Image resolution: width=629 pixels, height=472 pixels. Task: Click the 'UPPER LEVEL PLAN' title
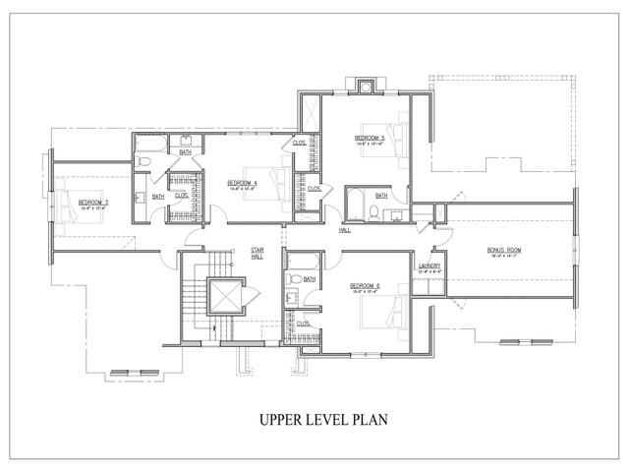click(x=323, y=419)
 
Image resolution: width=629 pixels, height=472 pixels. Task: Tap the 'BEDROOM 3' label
click(x=93, y=204)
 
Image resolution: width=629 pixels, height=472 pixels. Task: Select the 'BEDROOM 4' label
click(x=242, y=183)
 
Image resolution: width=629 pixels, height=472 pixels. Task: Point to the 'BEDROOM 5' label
click(x=370, y=139)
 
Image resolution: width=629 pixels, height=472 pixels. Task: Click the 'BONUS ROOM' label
click(x=504, y=251)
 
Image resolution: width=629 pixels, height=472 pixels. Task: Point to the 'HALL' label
click(x=345, y=231)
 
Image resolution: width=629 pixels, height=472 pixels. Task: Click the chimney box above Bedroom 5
click(x=363, y=88)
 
